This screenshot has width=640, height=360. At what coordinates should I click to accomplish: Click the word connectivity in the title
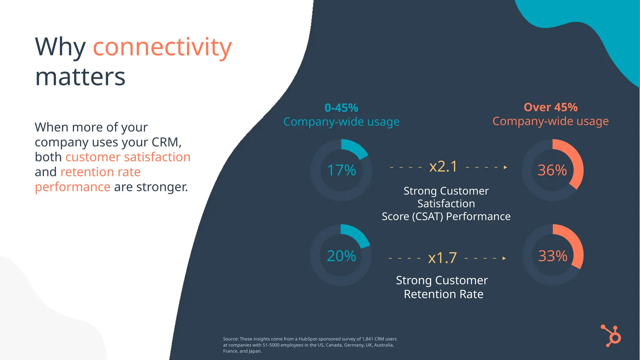coord(162,47)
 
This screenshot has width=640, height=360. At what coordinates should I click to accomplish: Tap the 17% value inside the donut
coord(341,170)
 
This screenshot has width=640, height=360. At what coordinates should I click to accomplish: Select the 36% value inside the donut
coord(552,170)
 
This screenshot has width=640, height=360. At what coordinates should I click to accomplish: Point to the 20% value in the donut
coord(341,256)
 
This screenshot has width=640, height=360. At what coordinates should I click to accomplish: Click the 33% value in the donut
coord(552,256)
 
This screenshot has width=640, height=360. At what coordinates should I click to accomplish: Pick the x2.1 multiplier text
coord(443,167)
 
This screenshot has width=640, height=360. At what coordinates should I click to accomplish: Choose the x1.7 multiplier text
coord(442,258)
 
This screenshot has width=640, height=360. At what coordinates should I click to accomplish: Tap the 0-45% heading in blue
coord(341,108)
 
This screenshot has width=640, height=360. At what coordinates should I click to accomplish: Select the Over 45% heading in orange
coord(551,107)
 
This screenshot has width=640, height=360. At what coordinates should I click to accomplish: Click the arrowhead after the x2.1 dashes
coord(505,167)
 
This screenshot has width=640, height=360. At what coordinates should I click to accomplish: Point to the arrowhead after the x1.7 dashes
coord(504,258)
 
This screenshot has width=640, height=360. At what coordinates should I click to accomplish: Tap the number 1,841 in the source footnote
coord(367,339)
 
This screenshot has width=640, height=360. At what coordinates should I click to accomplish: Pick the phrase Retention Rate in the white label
coord(443,294)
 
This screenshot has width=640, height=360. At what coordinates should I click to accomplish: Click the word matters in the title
coord(80,77)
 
